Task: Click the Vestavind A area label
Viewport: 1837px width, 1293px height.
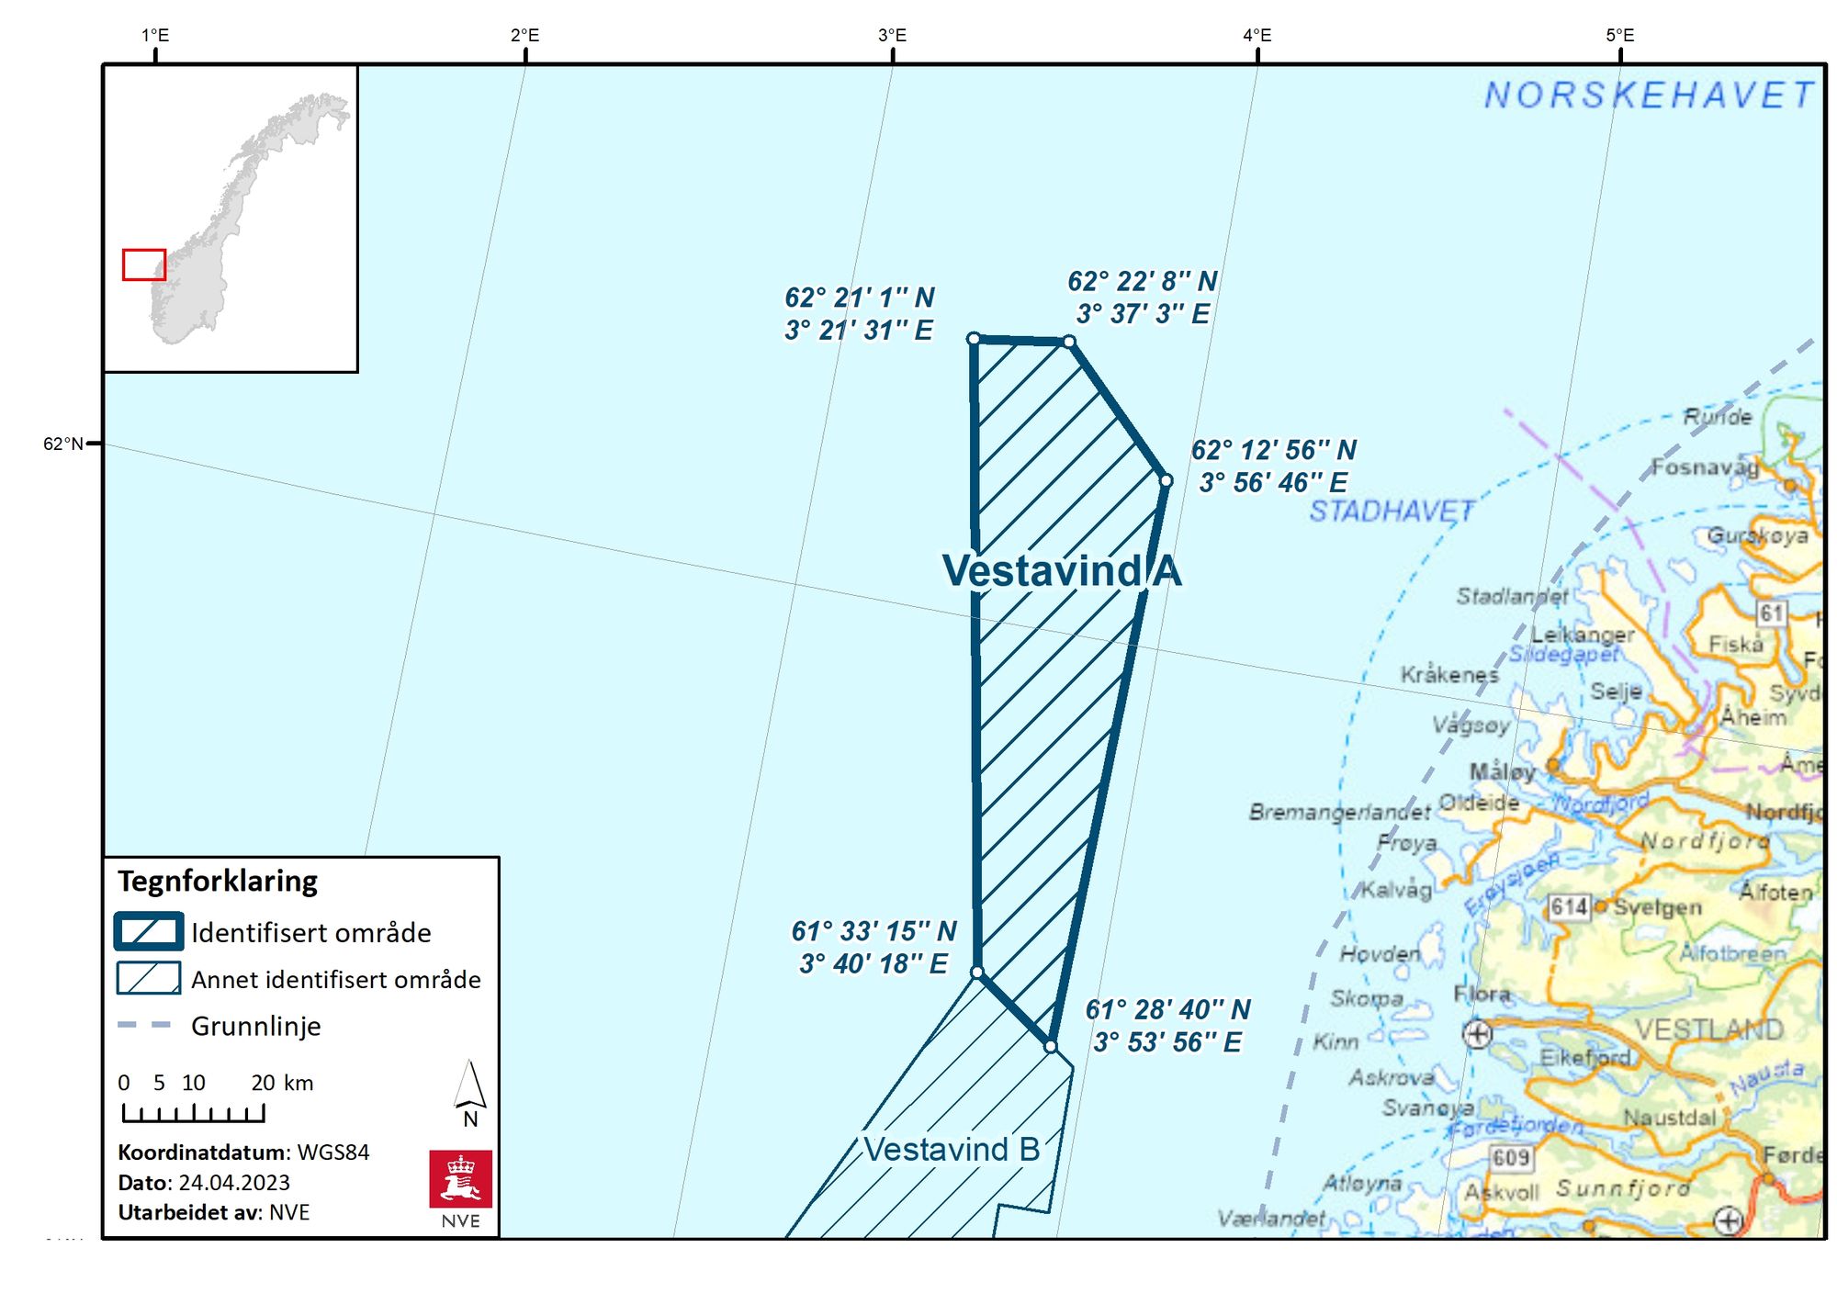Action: pos(1061,570)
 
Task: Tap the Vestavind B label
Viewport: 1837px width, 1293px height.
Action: pos(952,1149)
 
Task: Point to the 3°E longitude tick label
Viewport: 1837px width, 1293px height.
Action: pos(892,36)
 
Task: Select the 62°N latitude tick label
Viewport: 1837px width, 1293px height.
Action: pos(62,444)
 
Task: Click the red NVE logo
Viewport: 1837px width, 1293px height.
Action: pos(460,1179)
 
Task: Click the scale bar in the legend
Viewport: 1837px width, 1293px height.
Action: pos(193,1113)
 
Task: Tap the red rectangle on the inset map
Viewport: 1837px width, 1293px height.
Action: pos(144,264)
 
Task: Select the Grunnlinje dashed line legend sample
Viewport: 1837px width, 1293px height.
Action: pos(144,1025)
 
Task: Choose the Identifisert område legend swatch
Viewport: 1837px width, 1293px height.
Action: pos(148,931)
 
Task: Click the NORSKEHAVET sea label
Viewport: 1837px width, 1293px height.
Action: pos(1649,96)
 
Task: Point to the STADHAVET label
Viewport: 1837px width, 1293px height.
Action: pos(1391,512)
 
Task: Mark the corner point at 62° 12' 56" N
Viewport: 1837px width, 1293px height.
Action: pos(1166,480)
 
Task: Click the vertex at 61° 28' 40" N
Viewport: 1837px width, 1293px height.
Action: pos(1050,1046)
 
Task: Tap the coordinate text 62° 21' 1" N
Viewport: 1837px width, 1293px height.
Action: pos(859,298)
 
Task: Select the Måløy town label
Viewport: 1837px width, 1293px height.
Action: pos(1502,771)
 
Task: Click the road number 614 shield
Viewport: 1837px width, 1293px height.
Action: pos(1569,907)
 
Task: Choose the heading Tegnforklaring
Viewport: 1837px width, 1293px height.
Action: pos(218,882)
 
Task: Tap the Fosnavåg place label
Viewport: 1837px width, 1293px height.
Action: pos(1705,468)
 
